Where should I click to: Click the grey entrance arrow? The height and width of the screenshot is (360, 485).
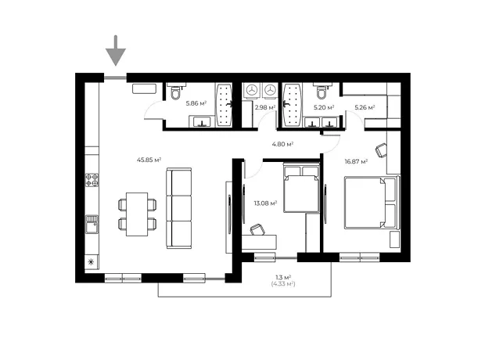pos(116,51)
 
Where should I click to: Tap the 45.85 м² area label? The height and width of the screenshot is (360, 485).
pos(149,160)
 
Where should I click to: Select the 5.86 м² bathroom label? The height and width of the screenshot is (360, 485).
pos(196,103)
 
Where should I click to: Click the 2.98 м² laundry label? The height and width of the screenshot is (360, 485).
pos(265,107)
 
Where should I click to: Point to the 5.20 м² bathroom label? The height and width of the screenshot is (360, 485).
pos(324,107)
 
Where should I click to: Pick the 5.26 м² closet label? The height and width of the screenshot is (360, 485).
pos(365,107)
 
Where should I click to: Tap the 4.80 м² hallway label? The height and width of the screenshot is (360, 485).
pos(282,144)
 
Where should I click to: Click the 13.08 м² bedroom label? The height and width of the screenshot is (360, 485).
pos(265,203)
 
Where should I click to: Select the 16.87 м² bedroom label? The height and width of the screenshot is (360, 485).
pos(357,161)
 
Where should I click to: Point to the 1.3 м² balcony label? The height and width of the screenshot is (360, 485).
pos(283,277)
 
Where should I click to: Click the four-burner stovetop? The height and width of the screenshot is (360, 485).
pos(92,180)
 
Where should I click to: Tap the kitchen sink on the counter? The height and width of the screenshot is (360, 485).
pos(92,225)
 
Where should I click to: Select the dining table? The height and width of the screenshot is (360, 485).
pos(137,214)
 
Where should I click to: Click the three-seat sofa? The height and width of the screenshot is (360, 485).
pos(179,208)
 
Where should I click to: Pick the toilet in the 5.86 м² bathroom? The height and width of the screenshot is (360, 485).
pos(176,91)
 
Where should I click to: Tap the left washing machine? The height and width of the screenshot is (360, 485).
pos(252,90)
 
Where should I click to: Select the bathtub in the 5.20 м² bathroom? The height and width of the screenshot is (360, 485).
pos(292,105)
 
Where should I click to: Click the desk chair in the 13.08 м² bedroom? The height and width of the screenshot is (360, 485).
pos(257,229)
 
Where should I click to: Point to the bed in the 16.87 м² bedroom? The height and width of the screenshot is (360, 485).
pos(371,203)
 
